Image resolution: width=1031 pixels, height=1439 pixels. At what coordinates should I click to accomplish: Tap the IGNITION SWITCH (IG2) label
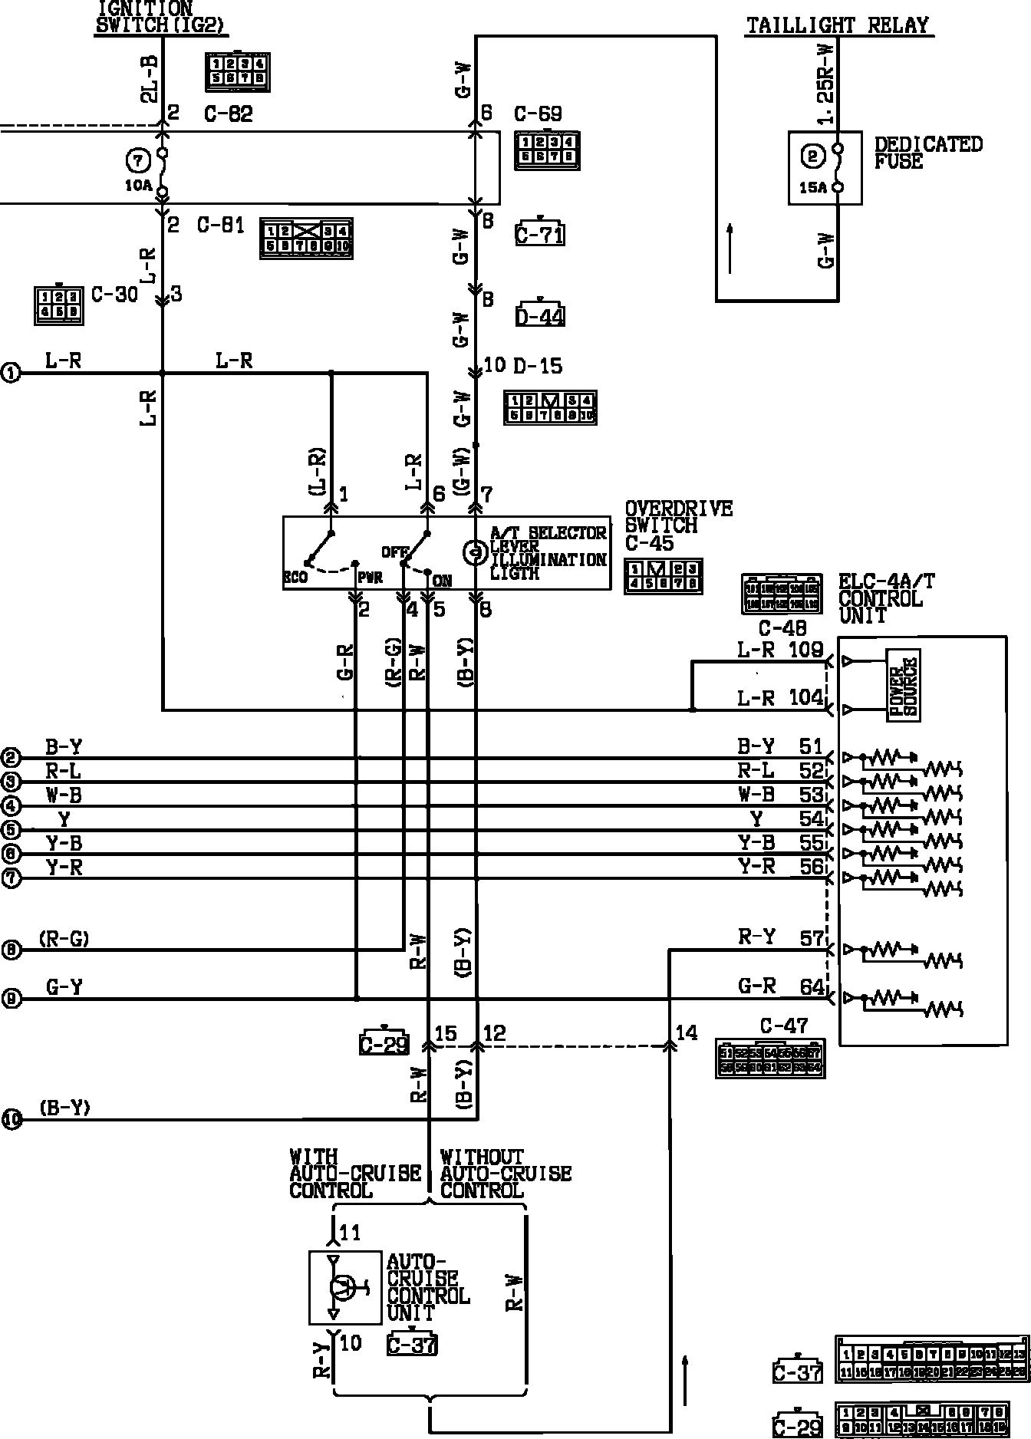point(161,16)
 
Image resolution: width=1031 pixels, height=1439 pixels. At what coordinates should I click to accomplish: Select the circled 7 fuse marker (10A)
point(137,161)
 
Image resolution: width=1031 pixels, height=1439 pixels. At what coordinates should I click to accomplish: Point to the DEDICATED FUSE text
point(927,153)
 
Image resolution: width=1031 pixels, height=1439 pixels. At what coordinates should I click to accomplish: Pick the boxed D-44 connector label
point(540,315)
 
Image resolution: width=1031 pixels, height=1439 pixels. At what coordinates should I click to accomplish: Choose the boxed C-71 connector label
point(540,234)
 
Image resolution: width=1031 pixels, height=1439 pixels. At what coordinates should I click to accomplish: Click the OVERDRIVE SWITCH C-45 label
point(677,526)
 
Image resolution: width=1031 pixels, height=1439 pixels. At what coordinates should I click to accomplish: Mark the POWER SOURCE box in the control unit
point(903,685)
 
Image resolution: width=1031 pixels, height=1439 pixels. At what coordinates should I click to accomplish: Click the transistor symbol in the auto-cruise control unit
point(344,1287)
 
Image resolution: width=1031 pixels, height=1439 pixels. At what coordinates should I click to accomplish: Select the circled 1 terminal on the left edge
point(11,374)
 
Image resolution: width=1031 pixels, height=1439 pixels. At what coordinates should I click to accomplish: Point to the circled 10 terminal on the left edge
point(11,1119)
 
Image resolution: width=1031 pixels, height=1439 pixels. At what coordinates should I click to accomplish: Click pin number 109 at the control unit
point(805,651)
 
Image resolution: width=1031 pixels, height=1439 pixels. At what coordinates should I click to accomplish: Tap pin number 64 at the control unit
point(812,986)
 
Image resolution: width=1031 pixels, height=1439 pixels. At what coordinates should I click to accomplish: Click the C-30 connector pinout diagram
point(58,305)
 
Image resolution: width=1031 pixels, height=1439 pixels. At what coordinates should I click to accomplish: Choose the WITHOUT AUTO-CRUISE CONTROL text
point(505,1174)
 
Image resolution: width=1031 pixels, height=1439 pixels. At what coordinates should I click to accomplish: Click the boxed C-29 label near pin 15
point(384,1044)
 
